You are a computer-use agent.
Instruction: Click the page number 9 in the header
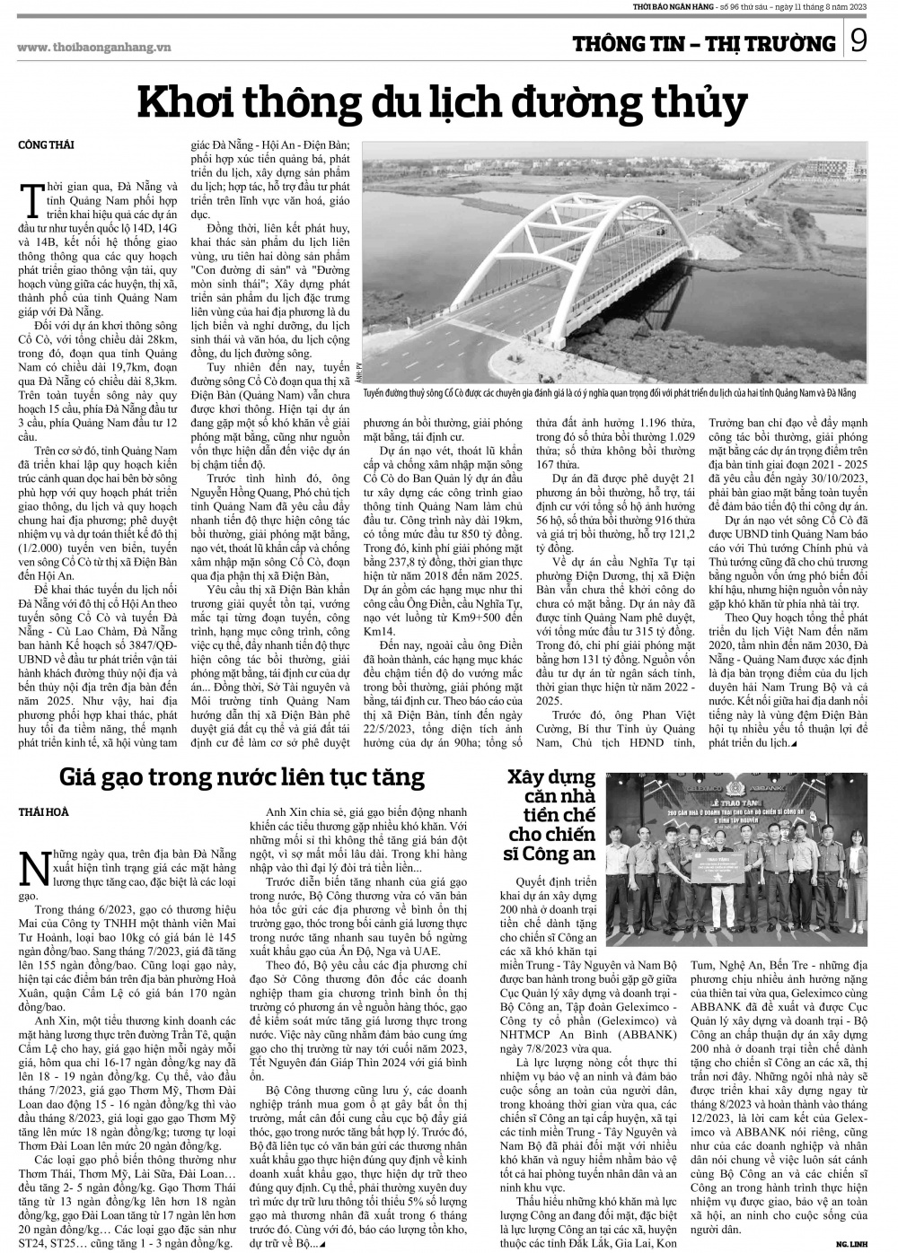pos(858,43)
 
